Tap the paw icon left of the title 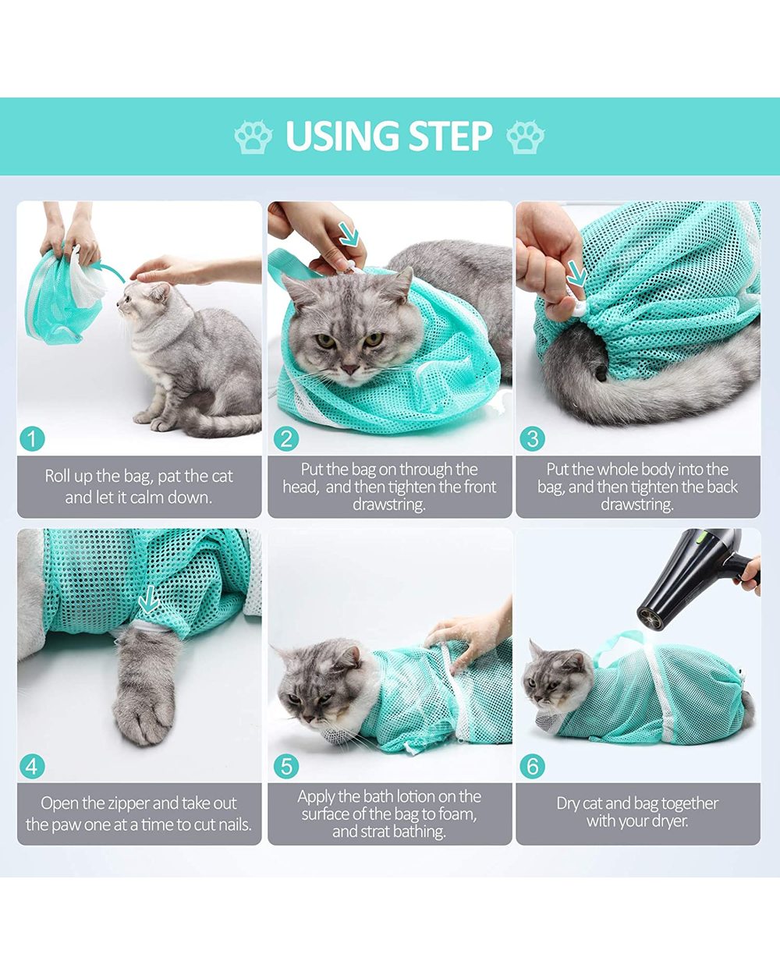point(253,137)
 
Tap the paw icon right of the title point(525,137)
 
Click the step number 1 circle point(32,439)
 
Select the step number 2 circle point(286,439)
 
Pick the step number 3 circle point(533,439)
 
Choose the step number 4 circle point(32,766)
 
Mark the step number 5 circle point(286,766)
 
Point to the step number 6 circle point(533,766)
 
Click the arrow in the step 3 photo point(577,274)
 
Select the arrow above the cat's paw point(147,601)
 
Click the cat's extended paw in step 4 point(144,702)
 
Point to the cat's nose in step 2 point(350,367)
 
